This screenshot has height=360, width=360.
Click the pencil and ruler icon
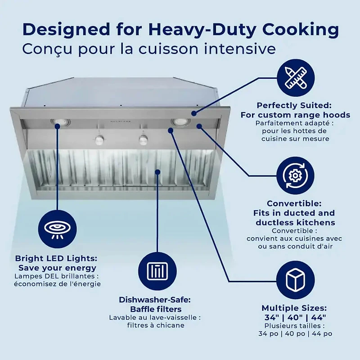[x=295, y=77]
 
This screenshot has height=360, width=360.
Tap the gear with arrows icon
[x=295, y=175]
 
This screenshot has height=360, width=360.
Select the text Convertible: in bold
[x=295, y=203]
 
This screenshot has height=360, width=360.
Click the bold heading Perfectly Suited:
[x=294, y=105]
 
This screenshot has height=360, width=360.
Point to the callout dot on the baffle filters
[x=157, y=171]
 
